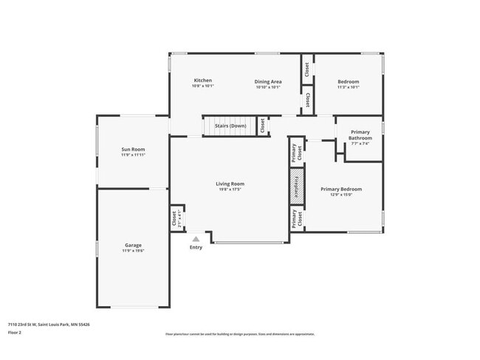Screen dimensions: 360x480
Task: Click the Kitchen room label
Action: [x=203, y=80]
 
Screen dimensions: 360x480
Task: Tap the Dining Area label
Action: [x=268, y=81]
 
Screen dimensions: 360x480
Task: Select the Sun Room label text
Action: [x=133, y=149]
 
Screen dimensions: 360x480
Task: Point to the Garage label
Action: [x=133, y=245]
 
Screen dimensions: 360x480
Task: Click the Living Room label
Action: [x=230, y=184]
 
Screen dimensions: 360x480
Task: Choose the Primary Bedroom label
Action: [x=341, y=190]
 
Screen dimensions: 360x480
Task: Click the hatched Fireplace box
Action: [x=296, y=187]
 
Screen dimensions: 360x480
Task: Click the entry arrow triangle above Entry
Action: [x=196, y=238]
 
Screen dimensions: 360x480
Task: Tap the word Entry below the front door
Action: [x=196, y=247]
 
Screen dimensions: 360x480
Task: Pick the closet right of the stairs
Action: [x=262, y=126]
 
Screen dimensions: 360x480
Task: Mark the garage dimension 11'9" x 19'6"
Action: [x=133, y=251]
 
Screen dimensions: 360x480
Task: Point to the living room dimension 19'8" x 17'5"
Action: [x=230, y=190]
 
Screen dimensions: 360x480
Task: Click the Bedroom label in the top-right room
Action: [x=348, y=81]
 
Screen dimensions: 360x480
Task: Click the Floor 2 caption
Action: [x=16, y=333]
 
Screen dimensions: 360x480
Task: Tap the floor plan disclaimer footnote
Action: [x=239, y=334]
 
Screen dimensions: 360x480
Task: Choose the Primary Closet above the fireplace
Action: [x=296, y=153]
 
